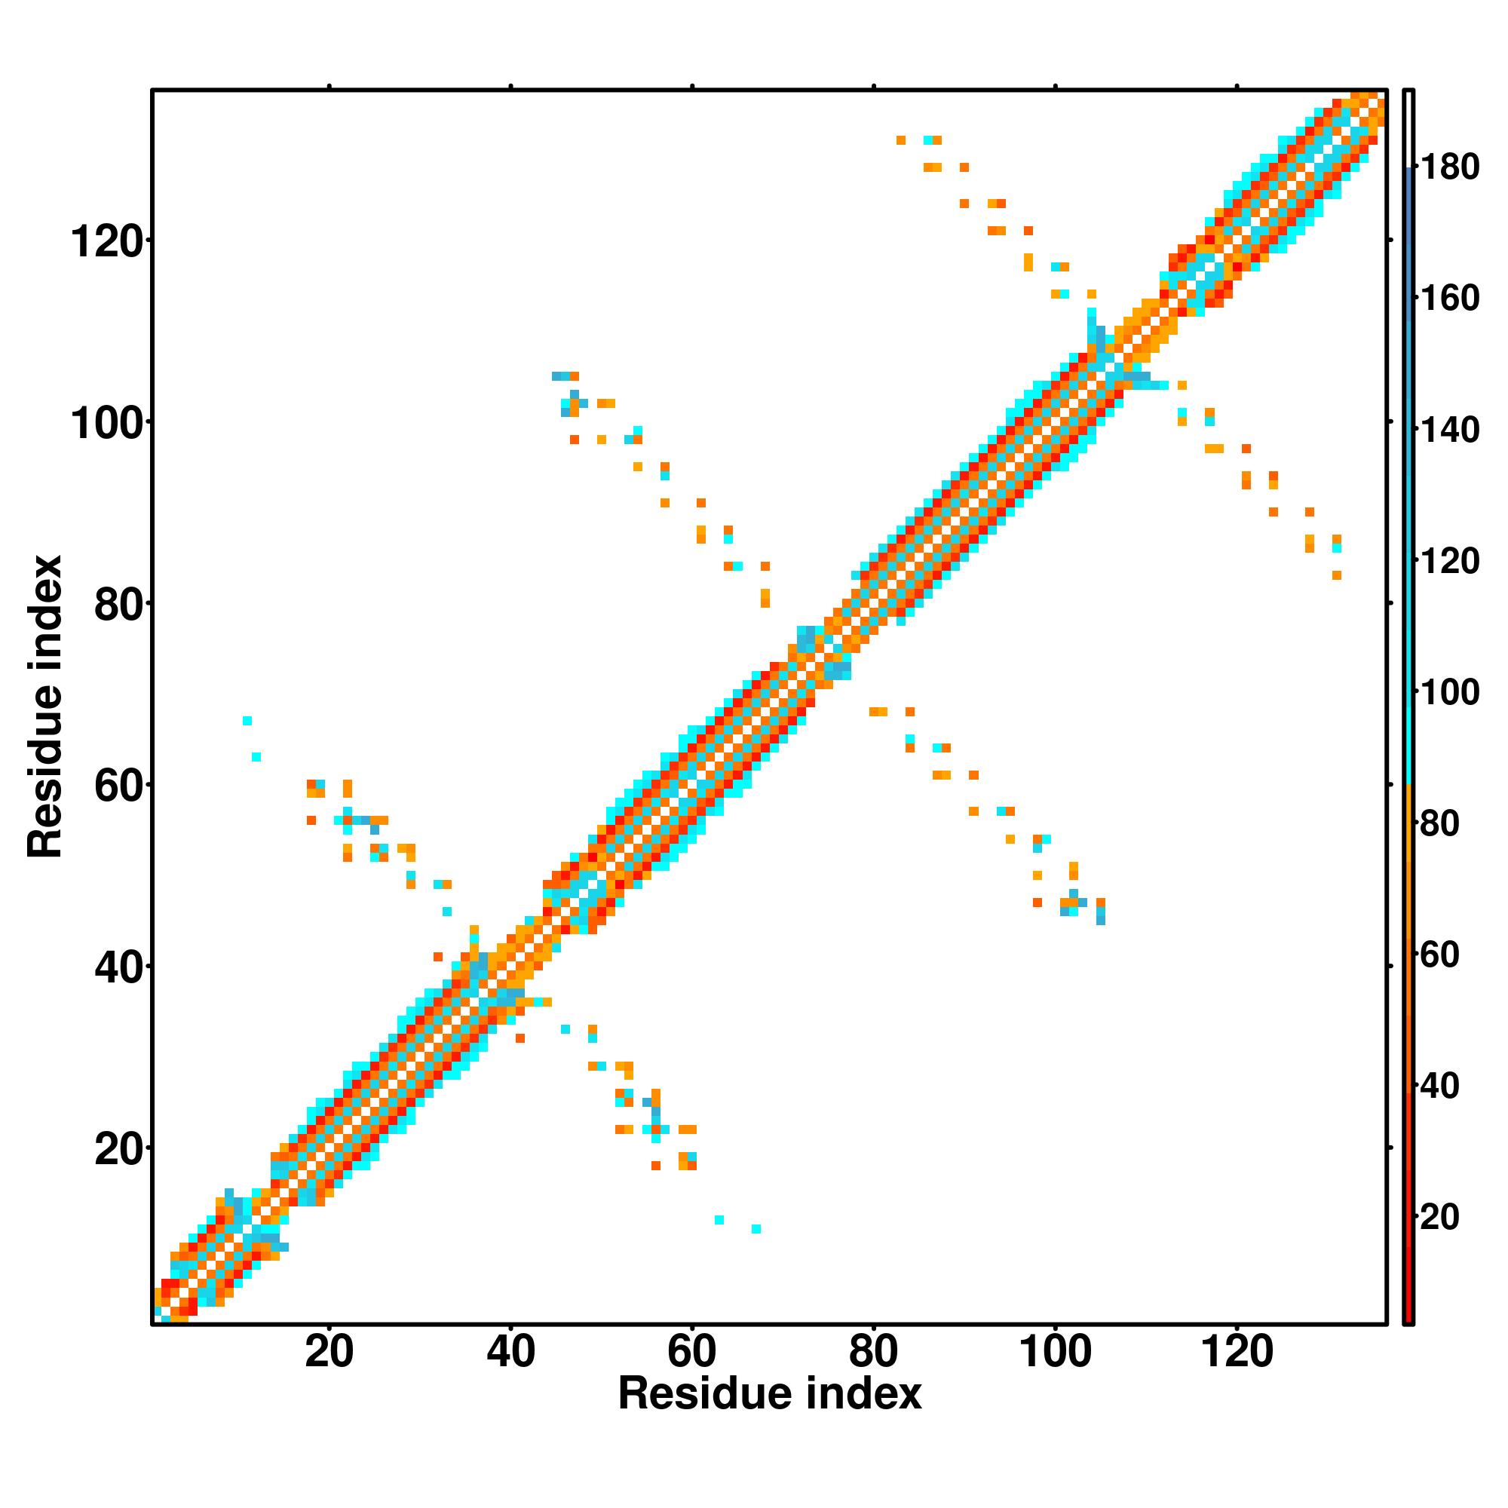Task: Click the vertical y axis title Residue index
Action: tap(45, 706)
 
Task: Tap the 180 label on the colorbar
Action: tap(1449, 168)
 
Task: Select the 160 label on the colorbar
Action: tap(1449, 299)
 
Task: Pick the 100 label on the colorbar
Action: tap(1449, 693)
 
